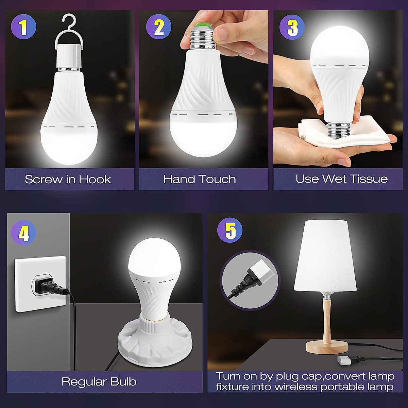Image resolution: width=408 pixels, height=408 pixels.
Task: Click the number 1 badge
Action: pyautogui.click(x=23, y=28)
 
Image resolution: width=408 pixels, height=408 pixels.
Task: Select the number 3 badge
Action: pyautogui.click(x=292, y=28)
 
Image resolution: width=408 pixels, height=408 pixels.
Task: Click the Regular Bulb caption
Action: pyautogui.click(x=99, y=381)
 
